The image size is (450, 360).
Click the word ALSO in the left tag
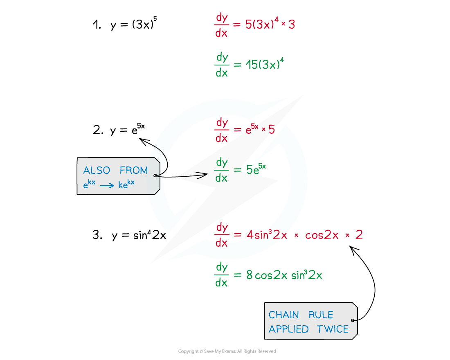pos(95,170)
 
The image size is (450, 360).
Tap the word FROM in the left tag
pos(134,170)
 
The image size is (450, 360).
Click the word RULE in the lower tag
pos(321,315)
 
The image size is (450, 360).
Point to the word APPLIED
pos(288,329)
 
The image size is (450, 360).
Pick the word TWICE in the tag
pos(333,329)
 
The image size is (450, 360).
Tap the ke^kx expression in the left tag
pos(126,184)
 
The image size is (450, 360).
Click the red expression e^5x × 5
pos(260,129)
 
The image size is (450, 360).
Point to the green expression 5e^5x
pos(256,169)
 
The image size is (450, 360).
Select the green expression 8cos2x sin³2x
pos(284,275)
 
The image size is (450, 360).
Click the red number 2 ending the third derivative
pos(359,235)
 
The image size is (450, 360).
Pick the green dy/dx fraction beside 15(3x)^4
pos(221,65)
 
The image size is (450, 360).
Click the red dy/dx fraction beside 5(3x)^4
pos(221,25)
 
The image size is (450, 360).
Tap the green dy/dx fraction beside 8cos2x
pos(221,275)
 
